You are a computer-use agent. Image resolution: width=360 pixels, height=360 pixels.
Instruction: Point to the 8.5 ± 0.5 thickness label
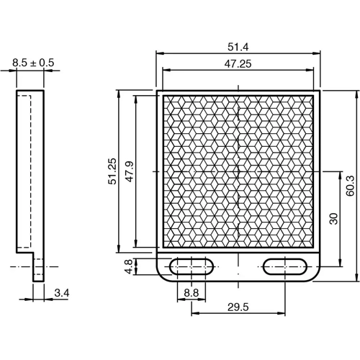point(32,63)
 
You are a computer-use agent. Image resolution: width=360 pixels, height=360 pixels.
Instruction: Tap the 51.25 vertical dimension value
point(112,171)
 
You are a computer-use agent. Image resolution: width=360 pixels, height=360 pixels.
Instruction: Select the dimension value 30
point(333,218)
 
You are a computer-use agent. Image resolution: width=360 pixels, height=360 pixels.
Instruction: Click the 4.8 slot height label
point(129,266)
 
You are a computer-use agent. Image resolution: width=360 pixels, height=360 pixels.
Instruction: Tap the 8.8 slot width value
point(191,292)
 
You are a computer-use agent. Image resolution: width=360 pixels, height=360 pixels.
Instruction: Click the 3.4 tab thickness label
point(62,292)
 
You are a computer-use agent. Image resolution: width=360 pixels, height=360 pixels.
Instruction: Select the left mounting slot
point(191,266)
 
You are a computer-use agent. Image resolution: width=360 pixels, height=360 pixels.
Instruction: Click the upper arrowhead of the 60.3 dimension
point(358,93)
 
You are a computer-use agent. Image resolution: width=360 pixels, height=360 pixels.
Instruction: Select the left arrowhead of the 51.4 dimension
point(159,53)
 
